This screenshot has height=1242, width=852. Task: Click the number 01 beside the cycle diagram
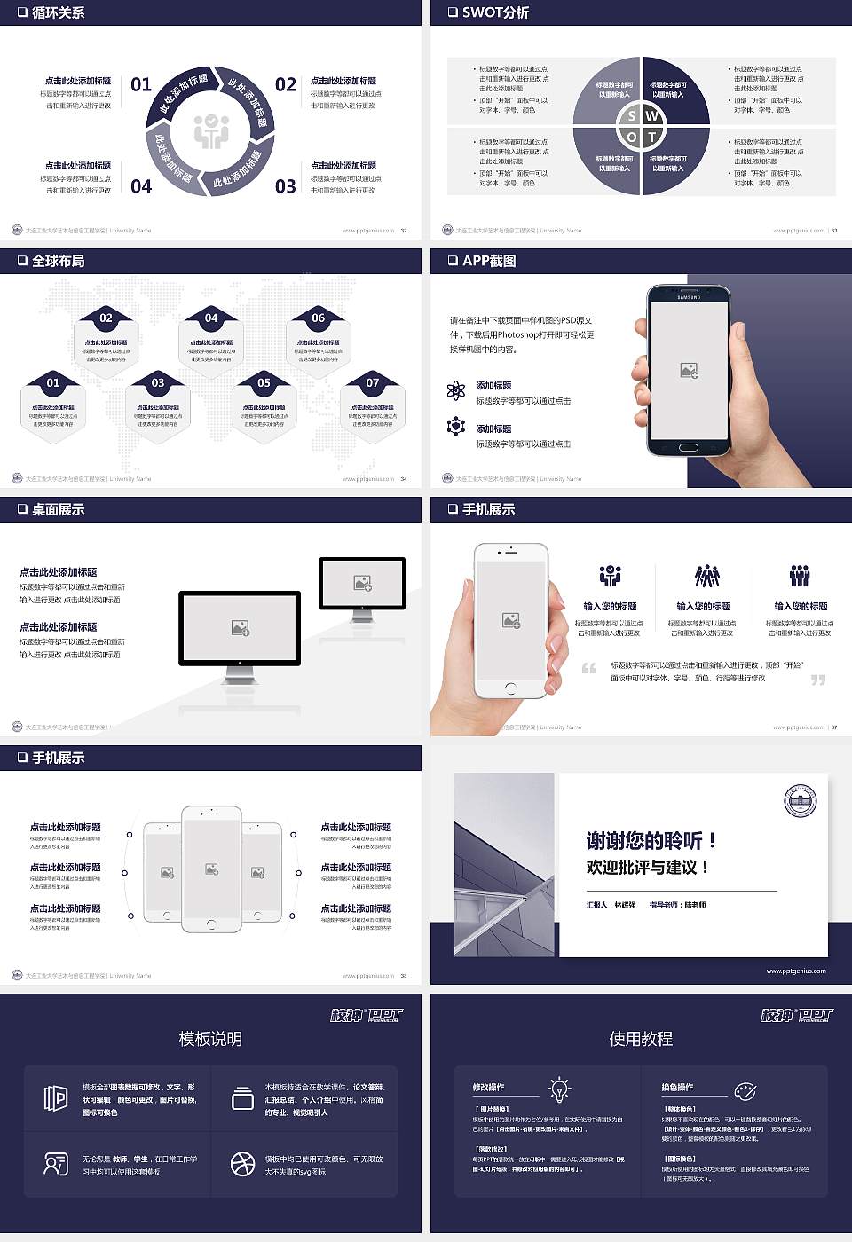point(141,84)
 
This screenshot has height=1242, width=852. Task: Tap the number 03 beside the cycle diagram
point(285,186)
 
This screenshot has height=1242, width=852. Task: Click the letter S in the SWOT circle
point(631,116)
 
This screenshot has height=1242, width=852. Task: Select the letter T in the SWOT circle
point(652,137)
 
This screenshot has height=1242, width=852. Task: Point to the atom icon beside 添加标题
point(456,390)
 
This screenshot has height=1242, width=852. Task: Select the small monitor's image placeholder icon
point(362,583)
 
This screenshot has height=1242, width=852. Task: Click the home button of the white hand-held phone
point(510,688)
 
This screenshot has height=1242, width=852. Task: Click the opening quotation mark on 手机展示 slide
point(588,668)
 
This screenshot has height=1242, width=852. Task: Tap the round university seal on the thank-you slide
point(800,801)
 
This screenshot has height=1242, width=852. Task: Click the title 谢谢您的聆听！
point(651,840)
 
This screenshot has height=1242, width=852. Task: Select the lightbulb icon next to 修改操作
point(559,1089)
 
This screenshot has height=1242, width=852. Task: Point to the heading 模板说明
point(210,1039)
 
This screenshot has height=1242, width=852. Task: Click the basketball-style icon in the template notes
point(242,1164)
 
